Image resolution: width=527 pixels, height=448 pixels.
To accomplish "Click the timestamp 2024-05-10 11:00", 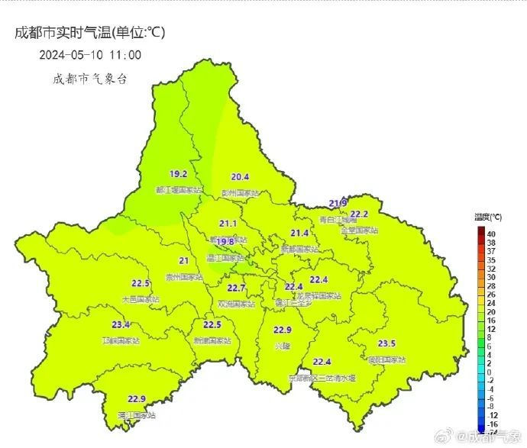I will (90, 55).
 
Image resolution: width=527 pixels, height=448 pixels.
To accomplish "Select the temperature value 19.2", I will (179, 175).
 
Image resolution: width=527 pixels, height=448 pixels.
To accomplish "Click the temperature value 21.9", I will (338, 203).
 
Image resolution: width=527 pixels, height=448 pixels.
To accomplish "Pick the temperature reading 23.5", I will (386, 343).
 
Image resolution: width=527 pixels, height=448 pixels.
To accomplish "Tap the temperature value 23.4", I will (121, 325).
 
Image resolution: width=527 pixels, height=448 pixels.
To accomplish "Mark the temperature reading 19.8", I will (225, 242).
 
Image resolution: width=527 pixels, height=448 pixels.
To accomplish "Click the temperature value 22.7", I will (237, 288).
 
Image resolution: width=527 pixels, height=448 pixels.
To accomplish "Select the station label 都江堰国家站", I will (179, 190).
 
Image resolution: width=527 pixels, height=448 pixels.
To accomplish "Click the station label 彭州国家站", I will (241, 193).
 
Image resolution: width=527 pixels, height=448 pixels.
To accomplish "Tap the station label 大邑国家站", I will (141, 299).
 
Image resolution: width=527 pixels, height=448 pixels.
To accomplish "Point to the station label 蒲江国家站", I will (137, 415).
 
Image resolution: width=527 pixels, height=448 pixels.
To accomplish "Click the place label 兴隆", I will (283, 346).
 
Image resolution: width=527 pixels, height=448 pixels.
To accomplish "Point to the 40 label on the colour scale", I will (491, 234).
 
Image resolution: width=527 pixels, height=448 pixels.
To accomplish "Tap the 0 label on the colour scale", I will (489, 372).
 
